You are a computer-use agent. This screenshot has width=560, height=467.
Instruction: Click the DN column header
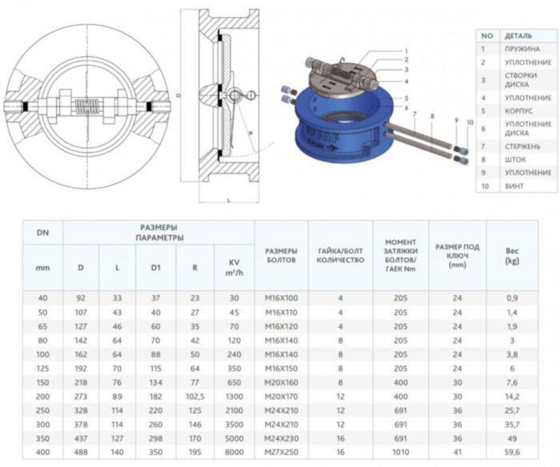tap(42, 232)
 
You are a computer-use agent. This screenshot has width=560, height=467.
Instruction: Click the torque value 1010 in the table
tap(406, 452)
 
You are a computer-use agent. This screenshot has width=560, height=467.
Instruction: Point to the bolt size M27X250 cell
tap(281, 452)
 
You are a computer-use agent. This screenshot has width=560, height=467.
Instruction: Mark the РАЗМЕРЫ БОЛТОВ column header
tap(281, 255)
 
